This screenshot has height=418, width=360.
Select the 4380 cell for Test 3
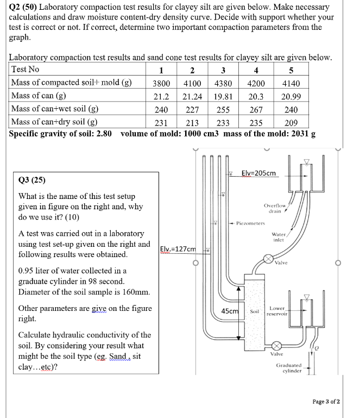pos(223,84)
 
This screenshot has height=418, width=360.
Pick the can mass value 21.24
pos(193,97)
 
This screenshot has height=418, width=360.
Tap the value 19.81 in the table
pos(223,97)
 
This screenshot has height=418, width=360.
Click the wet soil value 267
pos(256,109)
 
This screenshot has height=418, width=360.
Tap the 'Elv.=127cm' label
pos(178,248)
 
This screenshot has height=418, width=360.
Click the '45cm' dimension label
pos(230,311)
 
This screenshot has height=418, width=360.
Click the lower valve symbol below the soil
pos(276,345)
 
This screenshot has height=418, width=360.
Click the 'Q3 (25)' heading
pos(32,180)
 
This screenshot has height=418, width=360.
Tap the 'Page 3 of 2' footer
pos(326,402)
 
